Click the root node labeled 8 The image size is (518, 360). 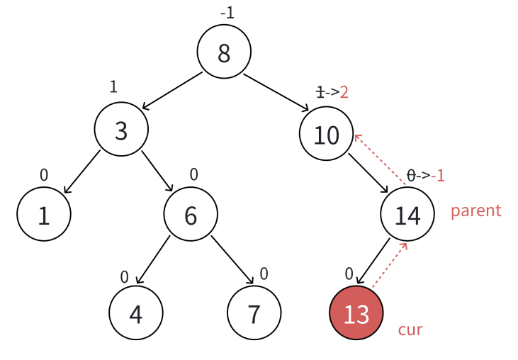pyautogui.click(x=224, y=53)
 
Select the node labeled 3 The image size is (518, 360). pyautogui.click(x=121, y=130)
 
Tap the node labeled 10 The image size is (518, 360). pyautogui.click(x=326, y=134)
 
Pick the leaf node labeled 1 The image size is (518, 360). pyautogui.click(x=44, y=215)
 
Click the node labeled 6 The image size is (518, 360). pyautogui.click(x=191, y=215)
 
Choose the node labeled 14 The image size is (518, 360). pyautogui.click(x=407, y=215)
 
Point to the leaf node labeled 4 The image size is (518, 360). pyautogui.click(x=136, y=313)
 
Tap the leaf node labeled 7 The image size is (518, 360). pyautogui.click(x=254, y=313)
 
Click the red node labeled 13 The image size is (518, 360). pyautogui.click(x=356, y=313)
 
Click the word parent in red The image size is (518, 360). pyautogui.click(x=475, y=210)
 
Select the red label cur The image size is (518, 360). pyautogui.click(x=410, y=329)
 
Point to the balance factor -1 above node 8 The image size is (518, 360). pyautogui.click(x=227, y=13)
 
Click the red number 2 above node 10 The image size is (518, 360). pyautogui.click(x=344, y=92)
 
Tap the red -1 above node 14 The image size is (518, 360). pyautogui.click(x=438, y=175)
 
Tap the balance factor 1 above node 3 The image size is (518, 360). pyautogui.click(x=113, y=86)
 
